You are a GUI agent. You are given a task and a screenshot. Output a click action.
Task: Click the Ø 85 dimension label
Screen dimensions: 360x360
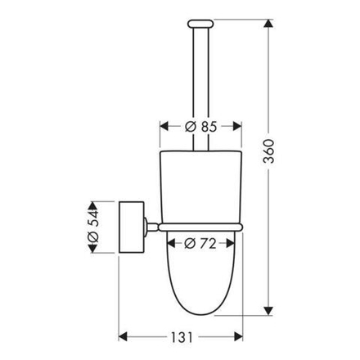pos(200,127)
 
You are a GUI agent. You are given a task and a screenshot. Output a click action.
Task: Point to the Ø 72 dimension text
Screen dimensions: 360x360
pos(201,243)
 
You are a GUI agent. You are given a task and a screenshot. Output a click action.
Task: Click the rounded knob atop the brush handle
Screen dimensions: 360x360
pos(200,21)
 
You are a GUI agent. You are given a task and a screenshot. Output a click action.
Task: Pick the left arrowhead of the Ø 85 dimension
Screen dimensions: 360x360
pos(162,127)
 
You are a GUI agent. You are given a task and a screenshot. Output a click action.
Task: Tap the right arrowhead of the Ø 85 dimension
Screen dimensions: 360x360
pos(239,127)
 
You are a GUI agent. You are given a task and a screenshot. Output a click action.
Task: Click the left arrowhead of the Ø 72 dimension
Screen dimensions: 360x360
pos(172,243)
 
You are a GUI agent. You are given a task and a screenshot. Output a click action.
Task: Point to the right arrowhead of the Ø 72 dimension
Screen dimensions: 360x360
pos(232,243)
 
